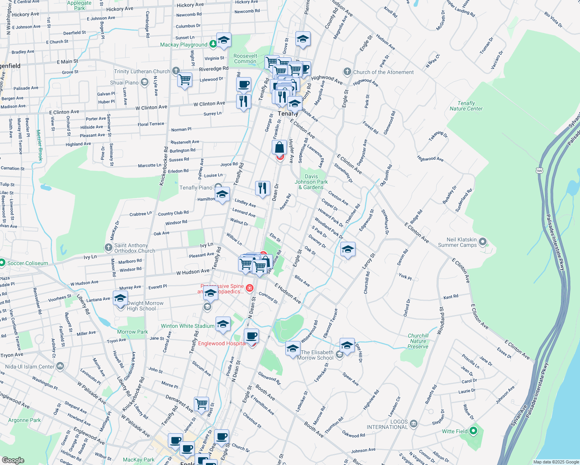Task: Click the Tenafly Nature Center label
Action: tap(466, 106)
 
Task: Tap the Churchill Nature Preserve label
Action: tap(418, 341)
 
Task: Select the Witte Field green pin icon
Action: tap(473, 431)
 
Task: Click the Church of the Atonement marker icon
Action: tap(347, 72)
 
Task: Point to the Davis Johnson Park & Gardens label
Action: tap(311, 182)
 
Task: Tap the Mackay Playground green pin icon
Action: tap(213, 44)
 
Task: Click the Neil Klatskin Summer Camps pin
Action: tap(483, 242)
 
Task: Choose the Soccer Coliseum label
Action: tap(28, 263)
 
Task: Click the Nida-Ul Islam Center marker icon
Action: tap(60, 366)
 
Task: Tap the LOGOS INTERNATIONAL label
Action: tap(387, 424)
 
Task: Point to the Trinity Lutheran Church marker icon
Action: tap(176, 71)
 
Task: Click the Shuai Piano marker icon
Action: tap(145, 82)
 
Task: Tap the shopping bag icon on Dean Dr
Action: tap(279, 147)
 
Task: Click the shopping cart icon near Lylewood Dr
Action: tap(185, 80)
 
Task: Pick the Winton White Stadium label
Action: tap(188, 326)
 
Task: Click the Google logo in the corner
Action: tap(13, 460)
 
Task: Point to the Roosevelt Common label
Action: tap(245, 59)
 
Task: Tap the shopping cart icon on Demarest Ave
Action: tap(201, 404)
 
